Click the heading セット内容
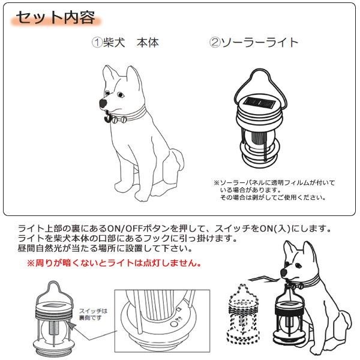[x=55, y=17]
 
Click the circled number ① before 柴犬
[x=97, y=43]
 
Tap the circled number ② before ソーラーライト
[x=214, y=43]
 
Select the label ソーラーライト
[x=259, y=43]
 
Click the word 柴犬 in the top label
[x=114, y=43]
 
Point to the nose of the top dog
[x=103, y=103]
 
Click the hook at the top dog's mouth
[x=107, y=117]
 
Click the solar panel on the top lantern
[x=259, y=103]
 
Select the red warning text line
[x=115, y=263]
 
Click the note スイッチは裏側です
[x=93, y=314]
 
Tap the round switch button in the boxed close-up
[x=174, y=324]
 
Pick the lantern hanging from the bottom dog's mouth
[x=290, y=322]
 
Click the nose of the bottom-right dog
[x=284, y=273]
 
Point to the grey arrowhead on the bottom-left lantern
[x=71, y=325]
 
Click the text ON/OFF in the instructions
[x=125, y=229]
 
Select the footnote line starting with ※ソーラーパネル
[x=274, y=183]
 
